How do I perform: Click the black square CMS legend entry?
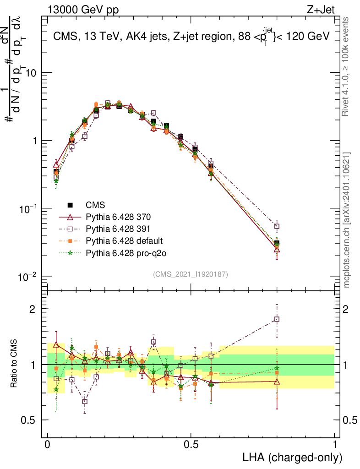point(70,204)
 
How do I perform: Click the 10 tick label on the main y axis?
point(31,73)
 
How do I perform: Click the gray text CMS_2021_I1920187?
point(191,274)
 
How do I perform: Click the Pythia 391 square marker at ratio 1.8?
point(277,319)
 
